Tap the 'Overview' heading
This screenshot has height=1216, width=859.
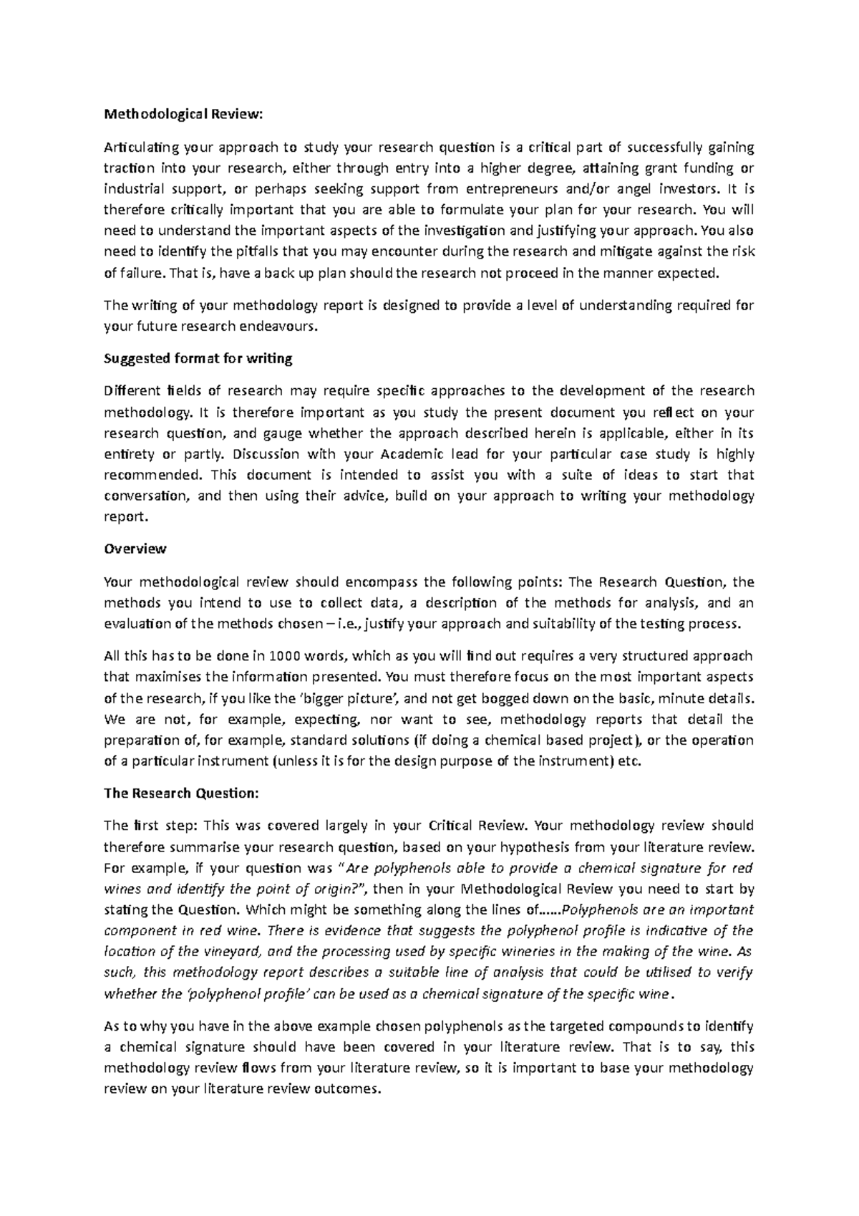coord(135,549)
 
